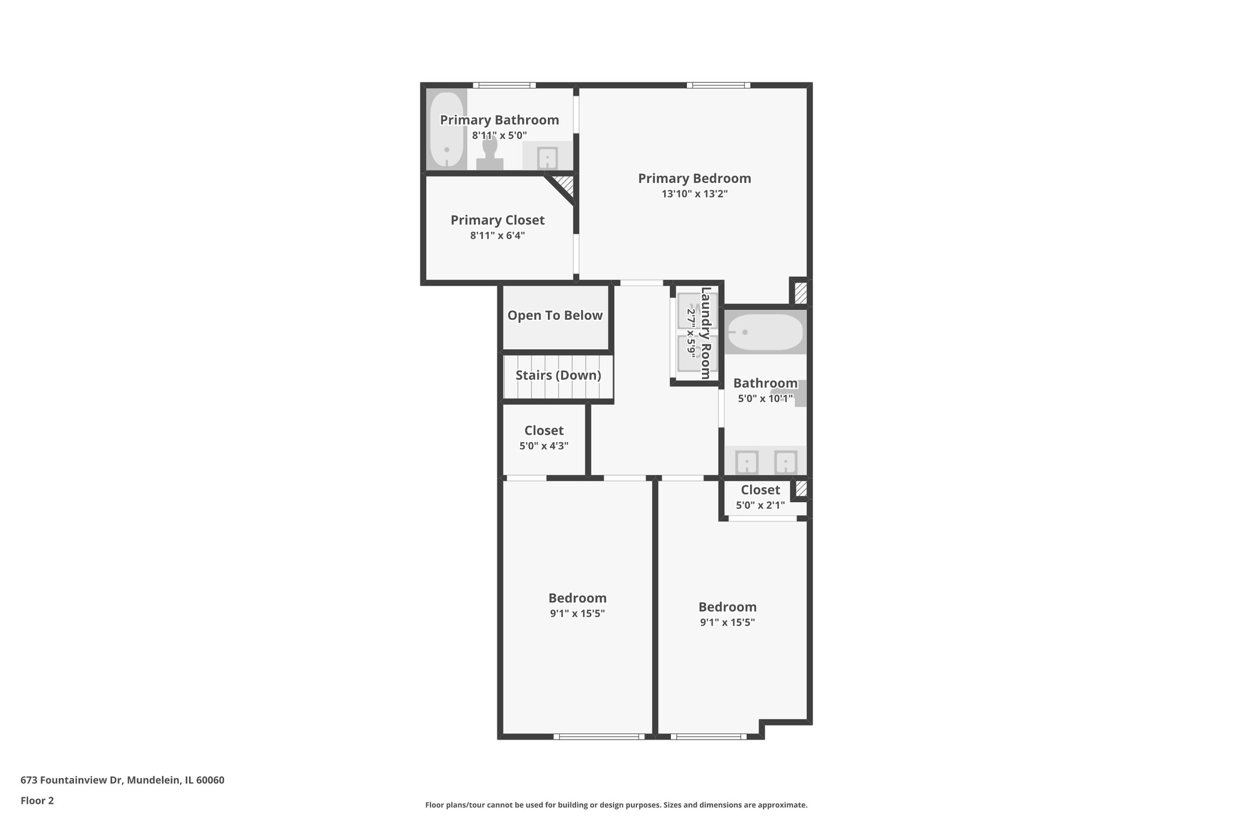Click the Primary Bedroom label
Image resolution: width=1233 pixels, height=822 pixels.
(x=694, y=178)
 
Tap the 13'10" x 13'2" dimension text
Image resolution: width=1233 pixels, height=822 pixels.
(x=694, y=194)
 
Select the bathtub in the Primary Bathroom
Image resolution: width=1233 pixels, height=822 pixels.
(x=446, y=129)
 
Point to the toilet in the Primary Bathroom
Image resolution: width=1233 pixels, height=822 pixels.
(x=489, y=153)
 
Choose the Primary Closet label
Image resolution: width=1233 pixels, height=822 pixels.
(x=497, y=220)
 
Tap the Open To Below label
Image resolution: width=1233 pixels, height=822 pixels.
(x=554, y=316)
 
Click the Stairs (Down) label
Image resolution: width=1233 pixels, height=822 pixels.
(x=558, y=375)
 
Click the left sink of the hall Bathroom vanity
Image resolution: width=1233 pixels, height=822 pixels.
(x=747, y=462)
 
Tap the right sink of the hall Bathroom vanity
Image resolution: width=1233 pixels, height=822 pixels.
(x=785, y=462)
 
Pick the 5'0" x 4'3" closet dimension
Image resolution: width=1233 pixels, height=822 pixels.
(x=544, y=446)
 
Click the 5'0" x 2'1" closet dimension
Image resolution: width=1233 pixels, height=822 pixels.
(x=760, y=505)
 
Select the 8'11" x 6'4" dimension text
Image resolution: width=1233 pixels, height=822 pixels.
(x=497, y=235)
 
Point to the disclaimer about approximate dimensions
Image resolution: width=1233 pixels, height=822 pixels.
(x=616, y=805)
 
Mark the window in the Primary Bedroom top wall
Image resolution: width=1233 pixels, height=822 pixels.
(x=718, y=86)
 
